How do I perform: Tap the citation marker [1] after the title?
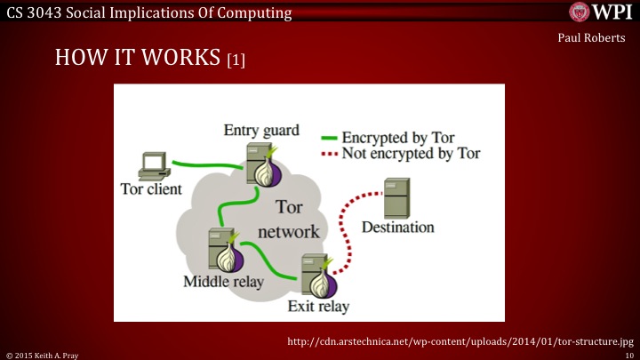(236, 61)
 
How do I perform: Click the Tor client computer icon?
(154, 165)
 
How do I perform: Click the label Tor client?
(151, 189)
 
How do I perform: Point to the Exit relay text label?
(318, 308)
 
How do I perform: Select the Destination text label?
(397, 228)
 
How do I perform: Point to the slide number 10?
(628, 354)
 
